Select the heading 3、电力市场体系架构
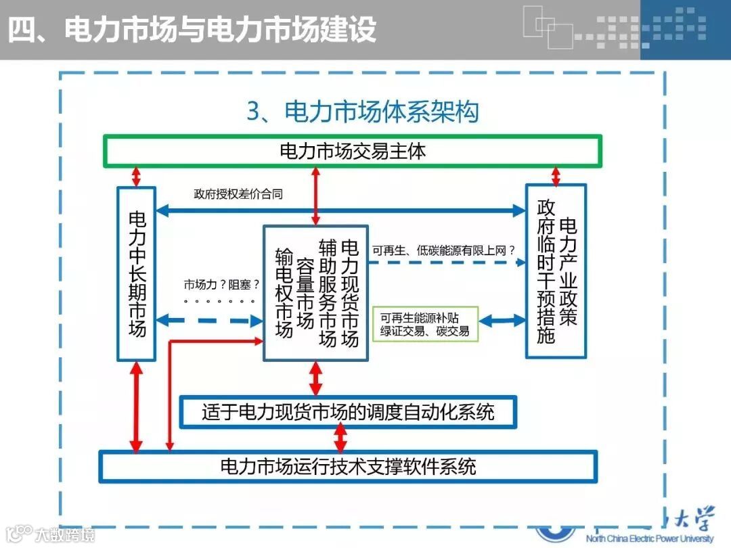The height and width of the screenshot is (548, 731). (x=363, y=112)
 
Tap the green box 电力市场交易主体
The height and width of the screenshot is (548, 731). (x=353, y=151)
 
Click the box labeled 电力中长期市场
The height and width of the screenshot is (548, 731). (x=137, y=273)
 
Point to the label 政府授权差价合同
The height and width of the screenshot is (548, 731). (x=238, y=194)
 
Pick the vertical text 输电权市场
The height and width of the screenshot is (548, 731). (x=284, y=292)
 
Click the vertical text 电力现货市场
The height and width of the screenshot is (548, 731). (x=349, y=292)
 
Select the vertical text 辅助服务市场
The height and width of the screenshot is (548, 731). (x=328, y=292)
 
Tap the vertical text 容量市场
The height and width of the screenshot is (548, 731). (x=306, y=292)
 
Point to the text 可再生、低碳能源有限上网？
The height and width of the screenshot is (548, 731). (x=447, y=250)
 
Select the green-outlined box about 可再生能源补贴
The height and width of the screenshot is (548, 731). (x=425, y=324)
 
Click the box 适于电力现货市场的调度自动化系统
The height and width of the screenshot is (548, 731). (x=348, y=412)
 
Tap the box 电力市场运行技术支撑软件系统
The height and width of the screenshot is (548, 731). (x=348, y=466)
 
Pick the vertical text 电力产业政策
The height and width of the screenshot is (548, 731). (x=569, y=271)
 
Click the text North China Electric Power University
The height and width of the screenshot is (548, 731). (x=649, y=539)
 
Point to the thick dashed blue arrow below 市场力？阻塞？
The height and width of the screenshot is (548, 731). (x=210, y=321)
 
